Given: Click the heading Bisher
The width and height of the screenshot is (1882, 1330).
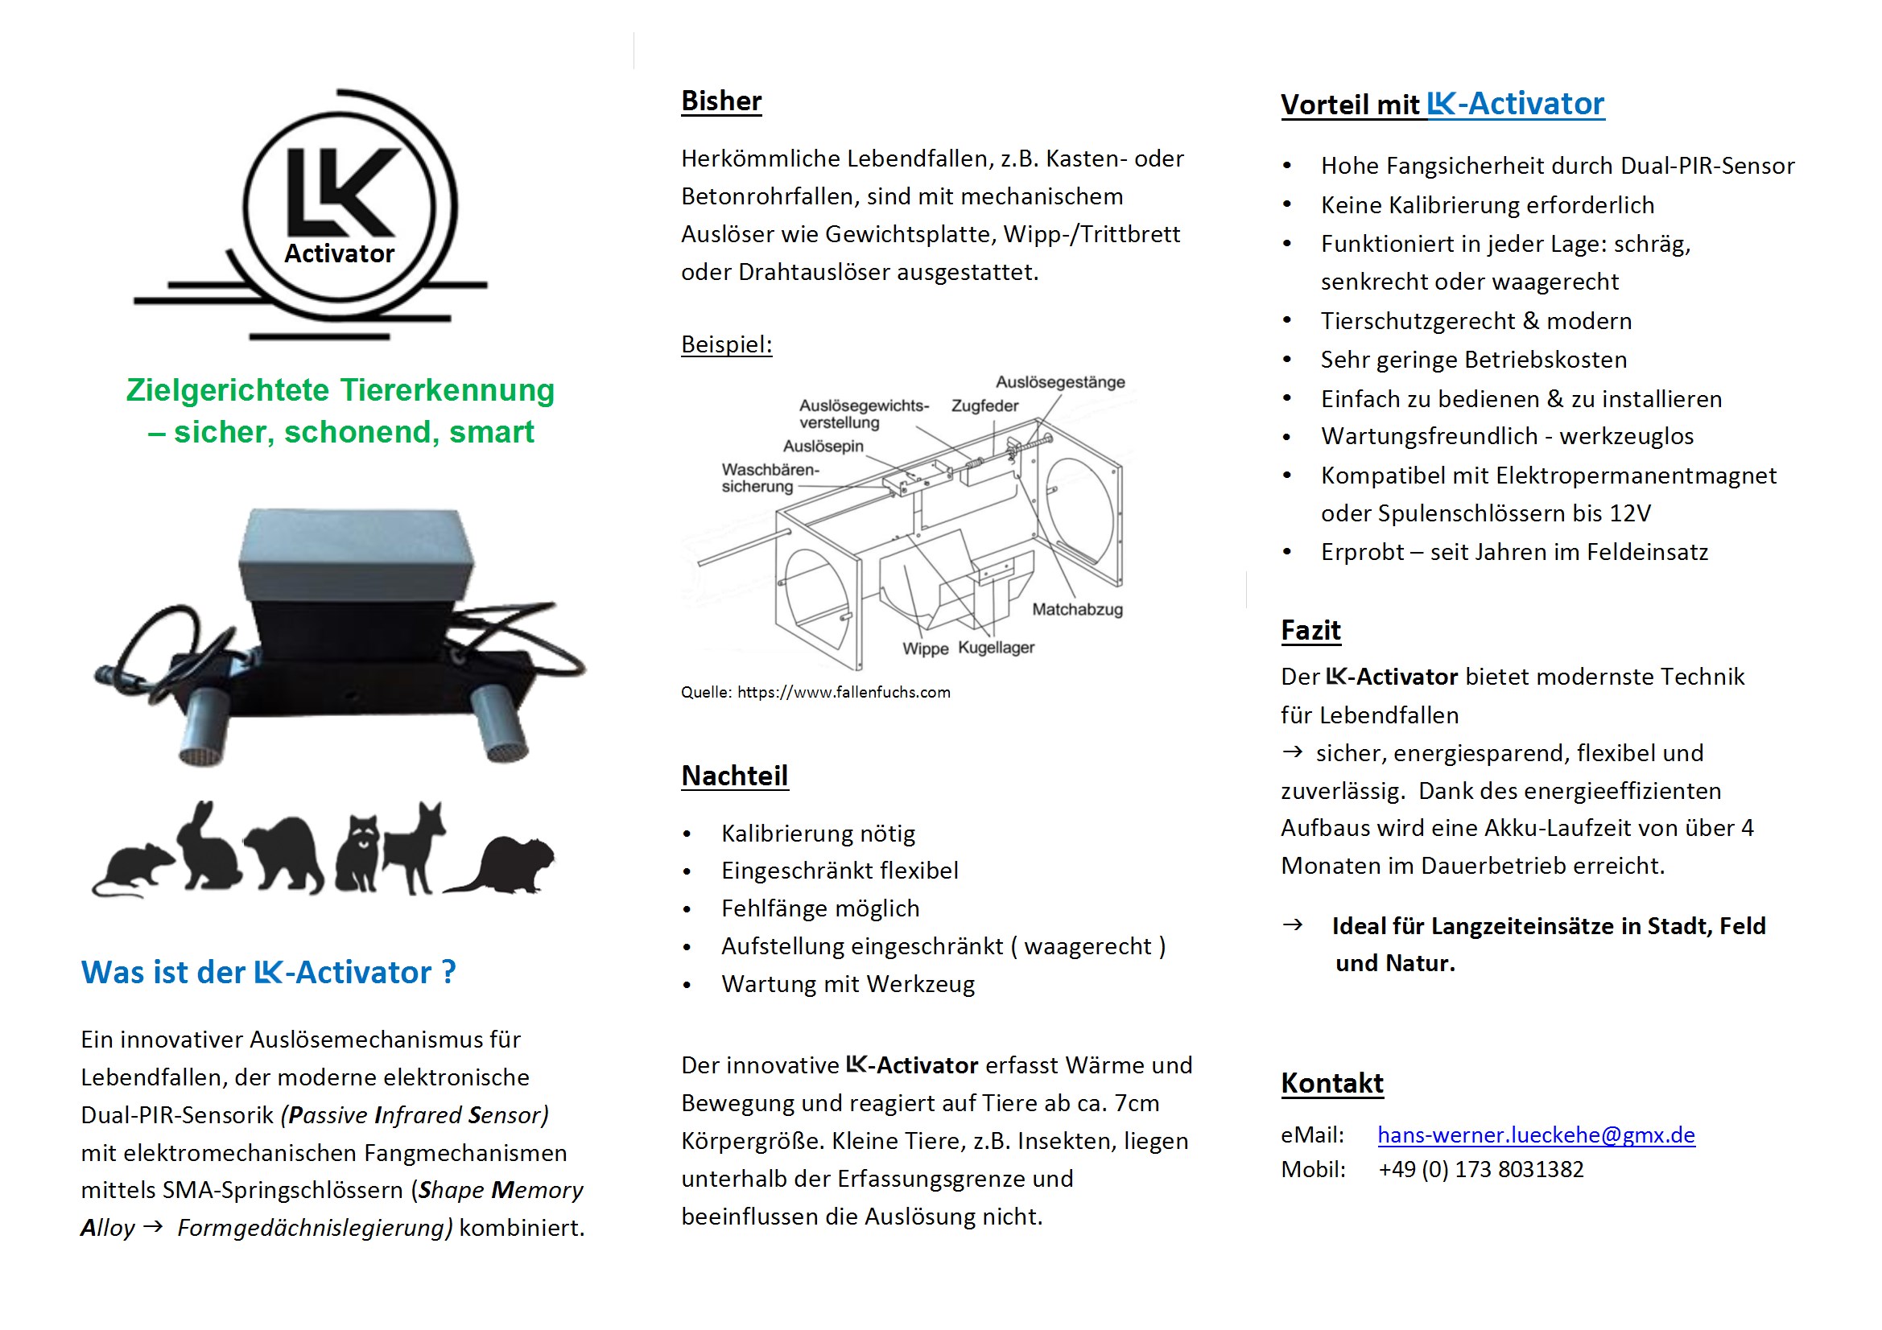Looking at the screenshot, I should tap(720, 101).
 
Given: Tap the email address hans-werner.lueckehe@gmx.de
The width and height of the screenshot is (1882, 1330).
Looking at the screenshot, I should tap(1535, 1134).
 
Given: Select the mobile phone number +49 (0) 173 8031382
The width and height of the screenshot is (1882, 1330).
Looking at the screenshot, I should tap(1480, 1169).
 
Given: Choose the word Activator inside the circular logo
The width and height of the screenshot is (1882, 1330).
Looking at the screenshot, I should tap(340, 254).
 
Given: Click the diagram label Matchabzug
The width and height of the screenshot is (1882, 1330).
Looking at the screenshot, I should tap(1077, 610).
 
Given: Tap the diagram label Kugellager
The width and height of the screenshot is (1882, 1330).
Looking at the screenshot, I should tap(996, 648).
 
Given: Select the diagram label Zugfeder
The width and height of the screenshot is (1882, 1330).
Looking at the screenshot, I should tap(984, 406).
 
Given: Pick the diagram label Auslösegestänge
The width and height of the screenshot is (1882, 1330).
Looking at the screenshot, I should tap(1060, 382).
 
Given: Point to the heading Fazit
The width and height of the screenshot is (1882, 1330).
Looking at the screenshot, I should tap(1310, 630).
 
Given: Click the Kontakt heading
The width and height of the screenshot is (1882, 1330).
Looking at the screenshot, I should tap(1332, 1083).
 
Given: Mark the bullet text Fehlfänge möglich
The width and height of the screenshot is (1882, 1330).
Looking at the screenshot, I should tap(819, 908).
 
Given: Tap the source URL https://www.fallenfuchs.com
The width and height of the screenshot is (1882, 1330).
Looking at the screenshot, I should tap(844, 693).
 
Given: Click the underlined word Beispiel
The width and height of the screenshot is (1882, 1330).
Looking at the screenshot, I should tap(726, 344).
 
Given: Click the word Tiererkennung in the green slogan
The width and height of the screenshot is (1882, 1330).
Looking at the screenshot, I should tap(448, 390).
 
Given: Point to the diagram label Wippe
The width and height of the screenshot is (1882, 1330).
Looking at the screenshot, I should tap(926, 649).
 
